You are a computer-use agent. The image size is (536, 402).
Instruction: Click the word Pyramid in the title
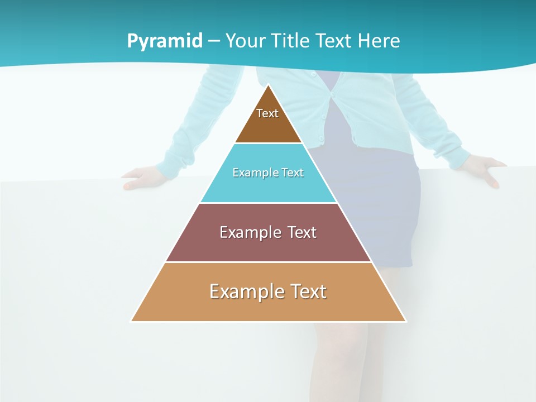coord(165,41)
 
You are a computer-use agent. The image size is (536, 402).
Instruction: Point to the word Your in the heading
coord(244,41)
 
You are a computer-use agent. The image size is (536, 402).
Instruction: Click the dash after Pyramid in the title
coord(214,41)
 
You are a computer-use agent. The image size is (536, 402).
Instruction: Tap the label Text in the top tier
coord(267,113)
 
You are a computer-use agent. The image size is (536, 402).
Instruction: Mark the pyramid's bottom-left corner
coord(131,321)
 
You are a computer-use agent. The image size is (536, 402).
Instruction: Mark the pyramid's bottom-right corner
coord(406,321)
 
